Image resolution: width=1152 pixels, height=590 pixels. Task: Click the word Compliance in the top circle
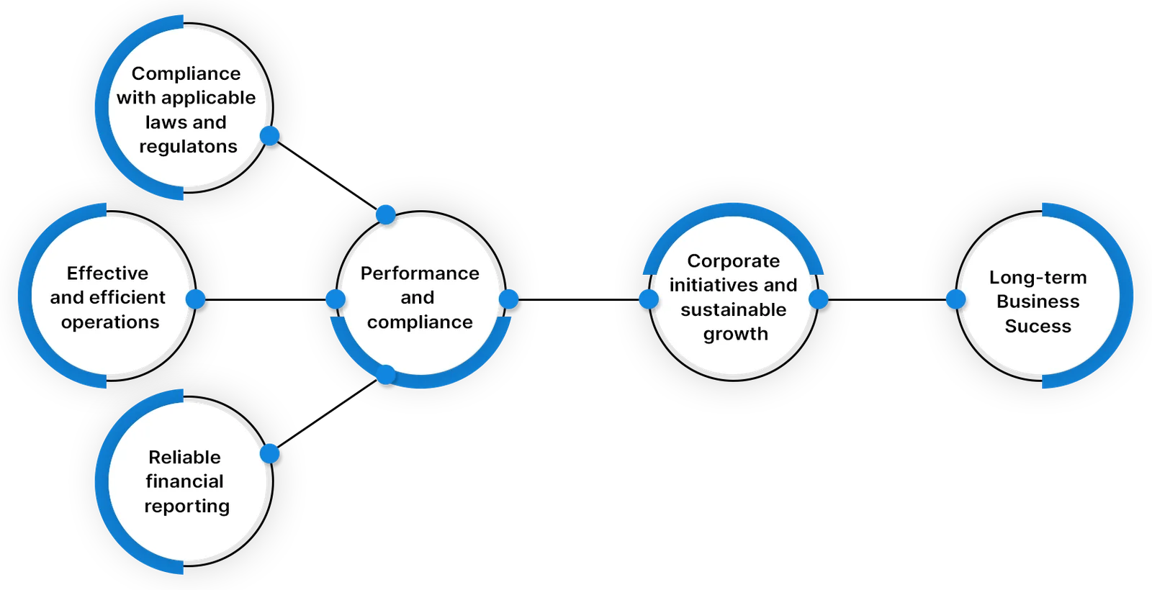pyautogui.click(x=186, y=73)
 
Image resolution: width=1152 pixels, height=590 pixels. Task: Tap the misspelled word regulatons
pyautogui.click(x=188, y=147)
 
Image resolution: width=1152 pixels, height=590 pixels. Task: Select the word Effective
pyautogui.click(x=107, y=273)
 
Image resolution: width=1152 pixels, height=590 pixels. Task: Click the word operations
pyautogui.click(x=110, y=322)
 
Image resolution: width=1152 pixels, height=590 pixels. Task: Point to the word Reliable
pyautogui.click(x=184, y=458)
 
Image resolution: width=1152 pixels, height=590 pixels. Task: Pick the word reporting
pyautogui.click(x=186, y=507)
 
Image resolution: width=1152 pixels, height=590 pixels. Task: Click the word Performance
pyautogui.click(x=420, y=273)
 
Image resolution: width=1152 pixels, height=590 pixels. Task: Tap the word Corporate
pyautogui.click(x=733, y=260)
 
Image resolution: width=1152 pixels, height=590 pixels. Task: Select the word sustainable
pyautogui.click(x=733, y=310)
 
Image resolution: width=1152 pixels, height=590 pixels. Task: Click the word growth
pyautogui.click(x=735, y=334)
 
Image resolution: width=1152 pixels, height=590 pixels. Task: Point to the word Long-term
pyautogui.click(x=1038, y=278)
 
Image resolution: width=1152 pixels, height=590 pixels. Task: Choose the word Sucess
pyautogui.click(x=1038, y=327)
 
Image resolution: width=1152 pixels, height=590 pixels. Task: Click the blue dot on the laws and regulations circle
pyautogui.click(x=270, y=135)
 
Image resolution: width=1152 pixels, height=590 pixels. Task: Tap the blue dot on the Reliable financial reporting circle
pyautogui.click(x=270, y=453)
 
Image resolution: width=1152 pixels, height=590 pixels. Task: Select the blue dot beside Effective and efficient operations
pyautogui.click(x=196, y=299)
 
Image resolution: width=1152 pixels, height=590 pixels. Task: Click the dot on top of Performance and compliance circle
pyautogui.click(x=386, y=214)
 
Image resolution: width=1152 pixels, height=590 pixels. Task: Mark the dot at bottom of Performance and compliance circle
pyautogui.click(x=386, y=374)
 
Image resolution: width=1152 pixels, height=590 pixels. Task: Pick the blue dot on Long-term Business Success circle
pyautogui.click(x=955, y=299)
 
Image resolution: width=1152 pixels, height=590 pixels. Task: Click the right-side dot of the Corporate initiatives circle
pyautogui.click(x=819, y=299)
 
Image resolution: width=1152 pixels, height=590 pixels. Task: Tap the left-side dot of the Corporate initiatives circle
pyautogui.click(x=649, y=299)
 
